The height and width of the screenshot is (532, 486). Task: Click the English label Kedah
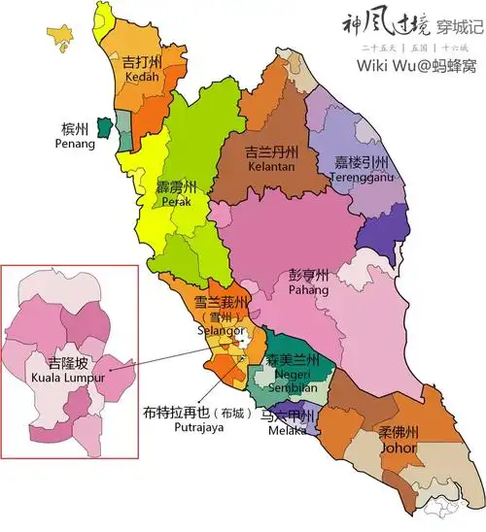click(x=142, y=77)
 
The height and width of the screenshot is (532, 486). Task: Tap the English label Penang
click(x=76, y=145)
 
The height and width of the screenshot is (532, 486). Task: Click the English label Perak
click(x=176, y=202)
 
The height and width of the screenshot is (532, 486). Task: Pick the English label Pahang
click(x=309, y=290)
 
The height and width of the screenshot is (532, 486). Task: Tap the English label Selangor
click(x=221, y=331)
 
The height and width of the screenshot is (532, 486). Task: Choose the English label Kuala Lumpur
click(x=60, y=377)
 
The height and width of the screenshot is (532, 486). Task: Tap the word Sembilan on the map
click(x=294, y=387)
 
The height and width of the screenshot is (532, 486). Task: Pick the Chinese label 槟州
click(x=75, y=129)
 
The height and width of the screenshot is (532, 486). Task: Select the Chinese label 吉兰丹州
click(x=244, y=152)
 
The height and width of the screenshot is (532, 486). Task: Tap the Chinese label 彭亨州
click(x=309, y=275)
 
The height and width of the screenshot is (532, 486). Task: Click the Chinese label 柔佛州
click(x=399, y=433)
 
